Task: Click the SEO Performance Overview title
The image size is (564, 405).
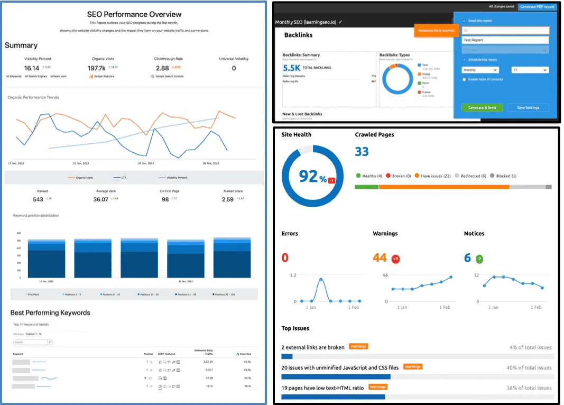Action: (134, 14)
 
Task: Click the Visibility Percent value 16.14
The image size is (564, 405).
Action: (32, 68)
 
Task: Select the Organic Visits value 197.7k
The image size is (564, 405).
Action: (96, 68)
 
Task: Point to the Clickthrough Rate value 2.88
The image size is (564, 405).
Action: (162, 68)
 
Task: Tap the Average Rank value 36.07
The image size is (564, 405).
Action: (100, 199)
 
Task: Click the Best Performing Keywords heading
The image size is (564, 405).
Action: (50, 312)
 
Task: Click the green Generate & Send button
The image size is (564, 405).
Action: (482, 107)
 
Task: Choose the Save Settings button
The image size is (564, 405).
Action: (528, 107)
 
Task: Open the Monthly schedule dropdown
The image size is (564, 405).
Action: (480, 70)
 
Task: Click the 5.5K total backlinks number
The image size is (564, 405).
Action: (292, 68)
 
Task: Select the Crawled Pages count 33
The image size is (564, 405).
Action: (362, 152)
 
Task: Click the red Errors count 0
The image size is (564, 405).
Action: (285, 257)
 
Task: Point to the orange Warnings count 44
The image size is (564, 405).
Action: (380, 257)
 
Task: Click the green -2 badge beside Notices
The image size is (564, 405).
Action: (479, 259)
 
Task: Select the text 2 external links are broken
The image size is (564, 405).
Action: (313, 347)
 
